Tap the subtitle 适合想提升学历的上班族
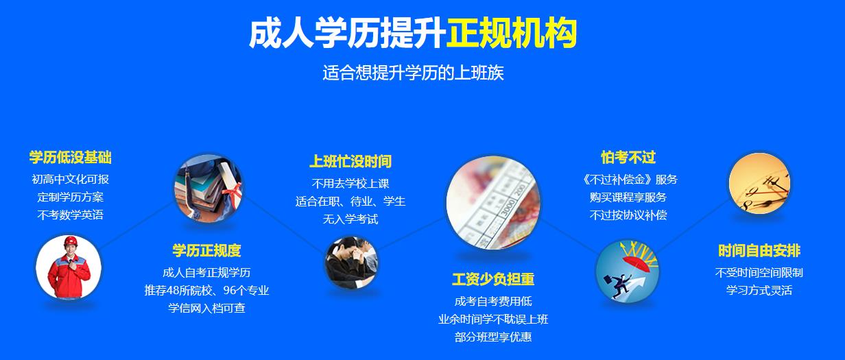(x=413, y=73)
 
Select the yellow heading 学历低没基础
(x=70, y=158)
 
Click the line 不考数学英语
(x=70, y=215)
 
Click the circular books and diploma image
(x=208, y=187)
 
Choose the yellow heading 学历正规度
(x=206, y=250)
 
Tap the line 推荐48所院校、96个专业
(x=206, y=290)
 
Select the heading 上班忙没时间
(x=350, y=162)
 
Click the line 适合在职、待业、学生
(x=350, y=202)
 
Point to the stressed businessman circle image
(x=351, y=263)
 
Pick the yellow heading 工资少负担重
(x=493, y=279)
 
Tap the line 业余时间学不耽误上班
(x=493, y=319)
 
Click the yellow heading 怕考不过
(x=628, y=158)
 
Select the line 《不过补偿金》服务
(x=628, y=179)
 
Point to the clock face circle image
(x=759, y=184)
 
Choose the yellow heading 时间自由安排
(x=759, y=250)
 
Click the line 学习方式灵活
(x=759, y=290)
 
